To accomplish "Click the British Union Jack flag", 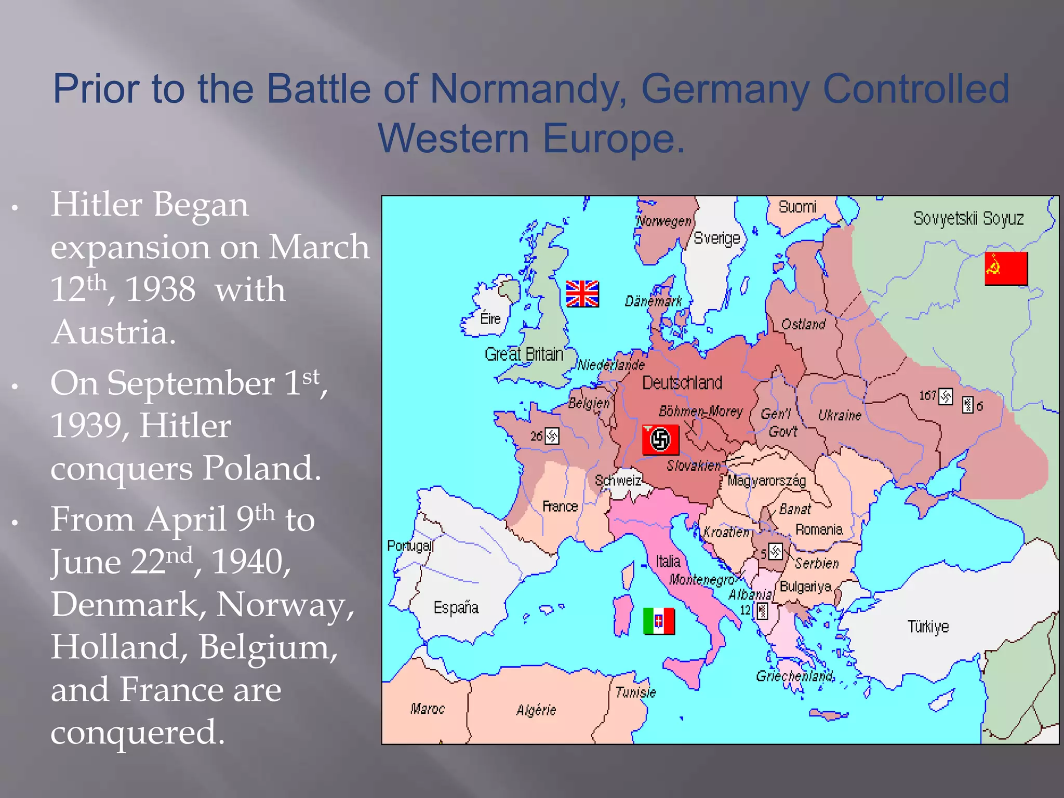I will [582, 294].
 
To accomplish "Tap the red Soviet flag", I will [1006, 268].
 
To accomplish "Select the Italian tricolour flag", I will [659, 621].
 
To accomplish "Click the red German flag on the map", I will [660, 440].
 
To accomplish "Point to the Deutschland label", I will [682, 383].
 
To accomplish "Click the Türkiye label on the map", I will [928, 627].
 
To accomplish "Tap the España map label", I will [456, 607].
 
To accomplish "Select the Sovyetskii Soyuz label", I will [968, 218].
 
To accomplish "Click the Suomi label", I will [797, 207].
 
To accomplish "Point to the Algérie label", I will [536, 710].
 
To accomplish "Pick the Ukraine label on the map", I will [840, 415].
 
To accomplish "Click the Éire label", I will [490, 318].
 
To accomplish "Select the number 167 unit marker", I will [936, 396].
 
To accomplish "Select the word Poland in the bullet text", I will [261, 468].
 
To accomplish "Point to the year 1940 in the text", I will [251, 562].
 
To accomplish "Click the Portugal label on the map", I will [410, 546].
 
